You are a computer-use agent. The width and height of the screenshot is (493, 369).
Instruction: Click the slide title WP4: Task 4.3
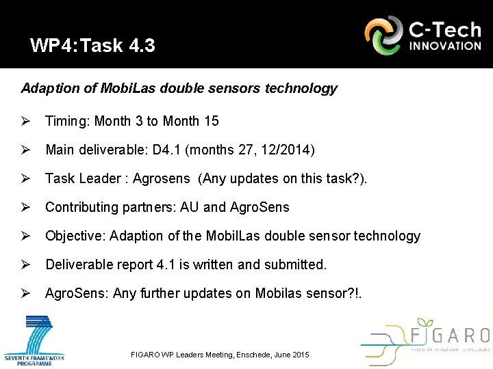click(x=92, y=46)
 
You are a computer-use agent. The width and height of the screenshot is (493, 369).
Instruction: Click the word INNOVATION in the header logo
click(x=445, y=46)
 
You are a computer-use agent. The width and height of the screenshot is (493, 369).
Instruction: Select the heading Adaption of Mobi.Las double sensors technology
click(x=179, y=89)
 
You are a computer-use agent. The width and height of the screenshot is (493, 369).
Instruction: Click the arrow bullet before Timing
click(x=26, y=121)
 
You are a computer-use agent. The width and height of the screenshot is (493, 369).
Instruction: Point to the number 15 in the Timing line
click(x=212, y=121)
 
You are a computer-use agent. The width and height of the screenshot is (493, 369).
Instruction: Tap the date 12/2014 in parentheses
click(x=287, y=150)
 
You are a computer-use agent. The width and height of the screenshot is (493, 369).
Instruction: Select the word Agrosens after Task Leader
click(x=162, y=178)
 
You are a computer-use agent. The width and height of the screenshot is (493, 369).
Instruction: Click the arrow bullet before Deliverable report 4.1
click(x=26, y=264)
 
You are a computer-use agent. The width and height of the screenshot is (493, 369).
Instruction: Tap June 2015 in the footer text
click(x=293, y=355)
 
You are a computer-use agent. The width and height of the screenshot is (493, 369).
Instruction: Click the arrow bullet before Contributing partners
click(x=26, y=207)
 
